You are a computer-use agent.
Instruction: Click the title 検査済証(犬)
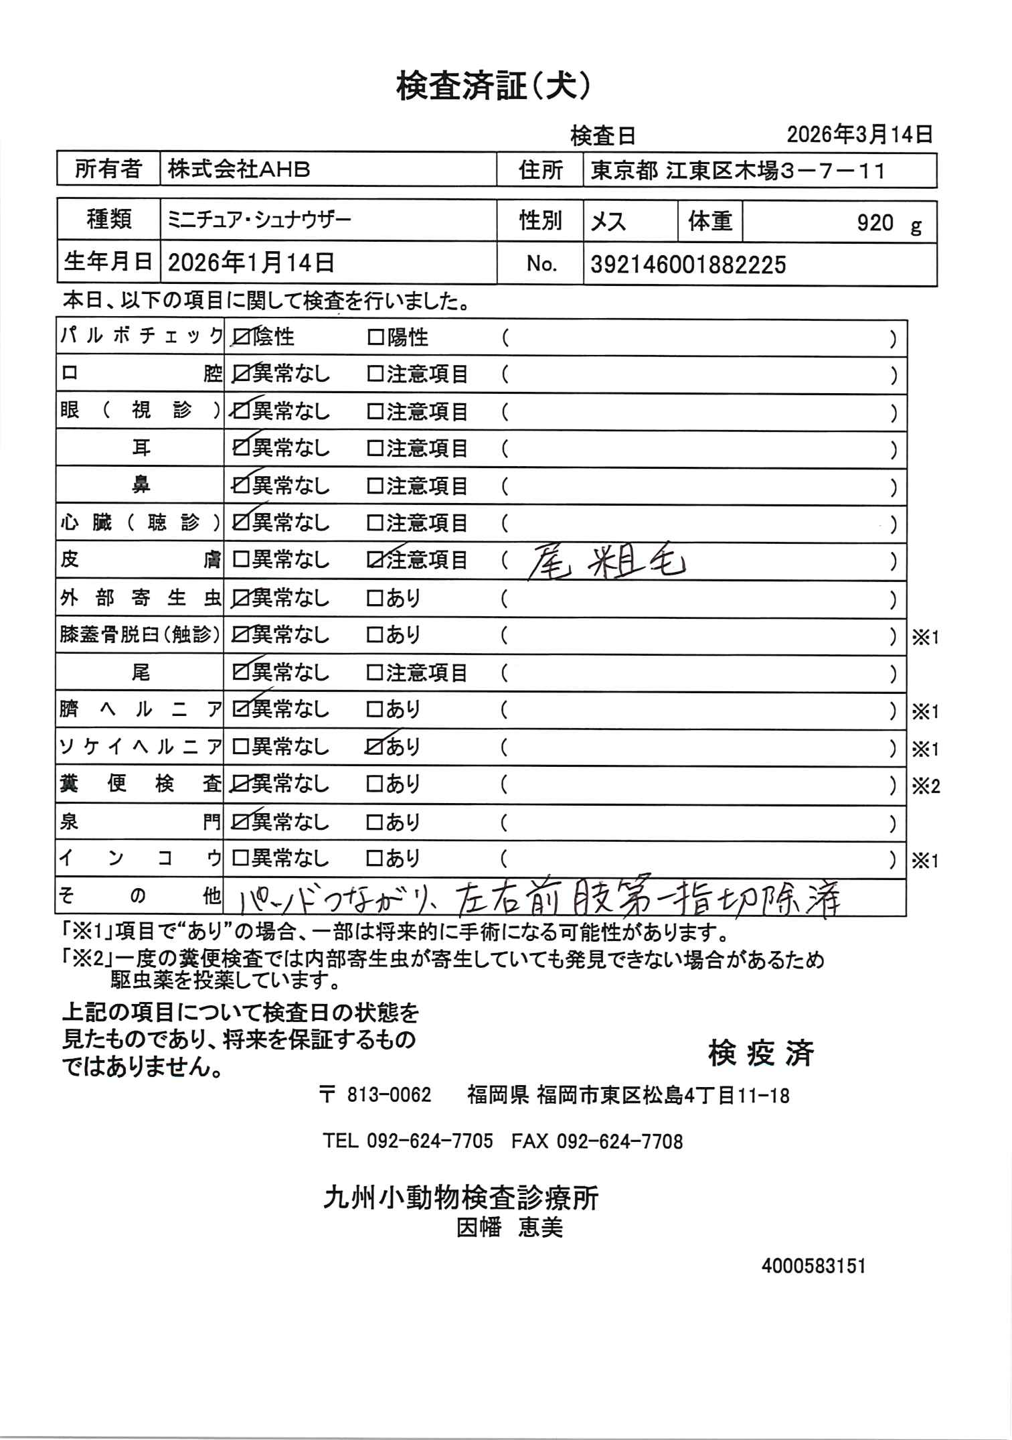(493, 87)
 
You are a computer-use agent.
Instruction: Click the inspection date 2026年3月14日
(859, 135)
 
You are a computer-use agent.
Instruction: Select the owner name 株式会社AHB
(238, 170)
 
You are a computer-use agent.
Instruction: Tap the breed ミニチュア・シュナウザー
(259, 220)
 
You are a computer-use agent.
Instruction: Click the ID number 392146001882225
(688, 266)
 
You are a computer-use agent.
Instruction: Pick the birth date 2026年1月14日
(251, 263)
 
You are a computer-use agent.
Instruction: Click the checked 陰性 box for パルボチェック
(239, 338)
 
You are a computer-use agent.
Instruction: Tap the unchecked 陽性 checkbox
(374, 338)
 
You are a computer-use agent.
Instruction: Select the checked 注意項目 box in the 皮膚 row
(374, 561)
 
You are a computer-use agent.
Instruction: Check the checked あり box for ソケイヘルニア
(374, 747)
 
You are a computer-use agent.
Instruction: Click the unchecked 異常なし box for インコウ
(239, 858)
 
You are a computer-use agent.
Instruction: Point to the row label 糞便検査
(140, 784)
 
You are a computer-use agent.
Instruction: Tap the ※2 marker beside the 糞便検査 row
(926, 786)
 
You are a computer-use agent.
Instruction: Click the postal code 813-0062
(388, 1096)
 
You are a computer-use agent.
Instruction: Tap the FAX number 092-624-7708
(597, 1141)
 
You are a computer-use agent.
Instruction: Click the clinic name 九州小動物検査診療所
(460, 1198)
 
